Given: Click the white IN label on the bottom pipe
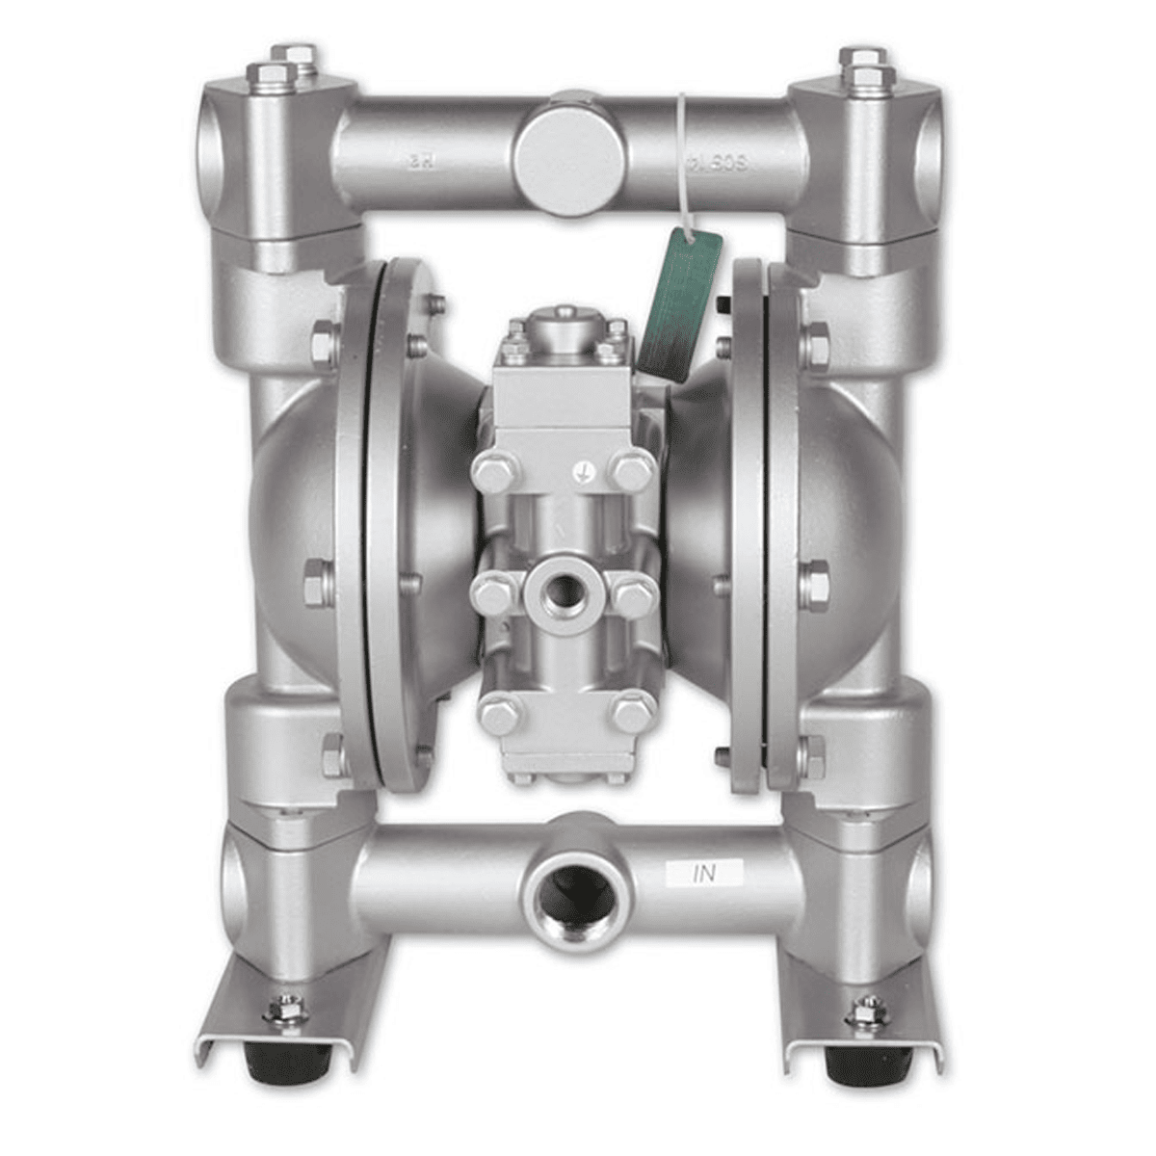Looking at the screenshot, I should [x=705, y=874].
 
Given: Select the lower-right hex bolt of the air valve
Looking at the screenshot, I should [x=632, y=714].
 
